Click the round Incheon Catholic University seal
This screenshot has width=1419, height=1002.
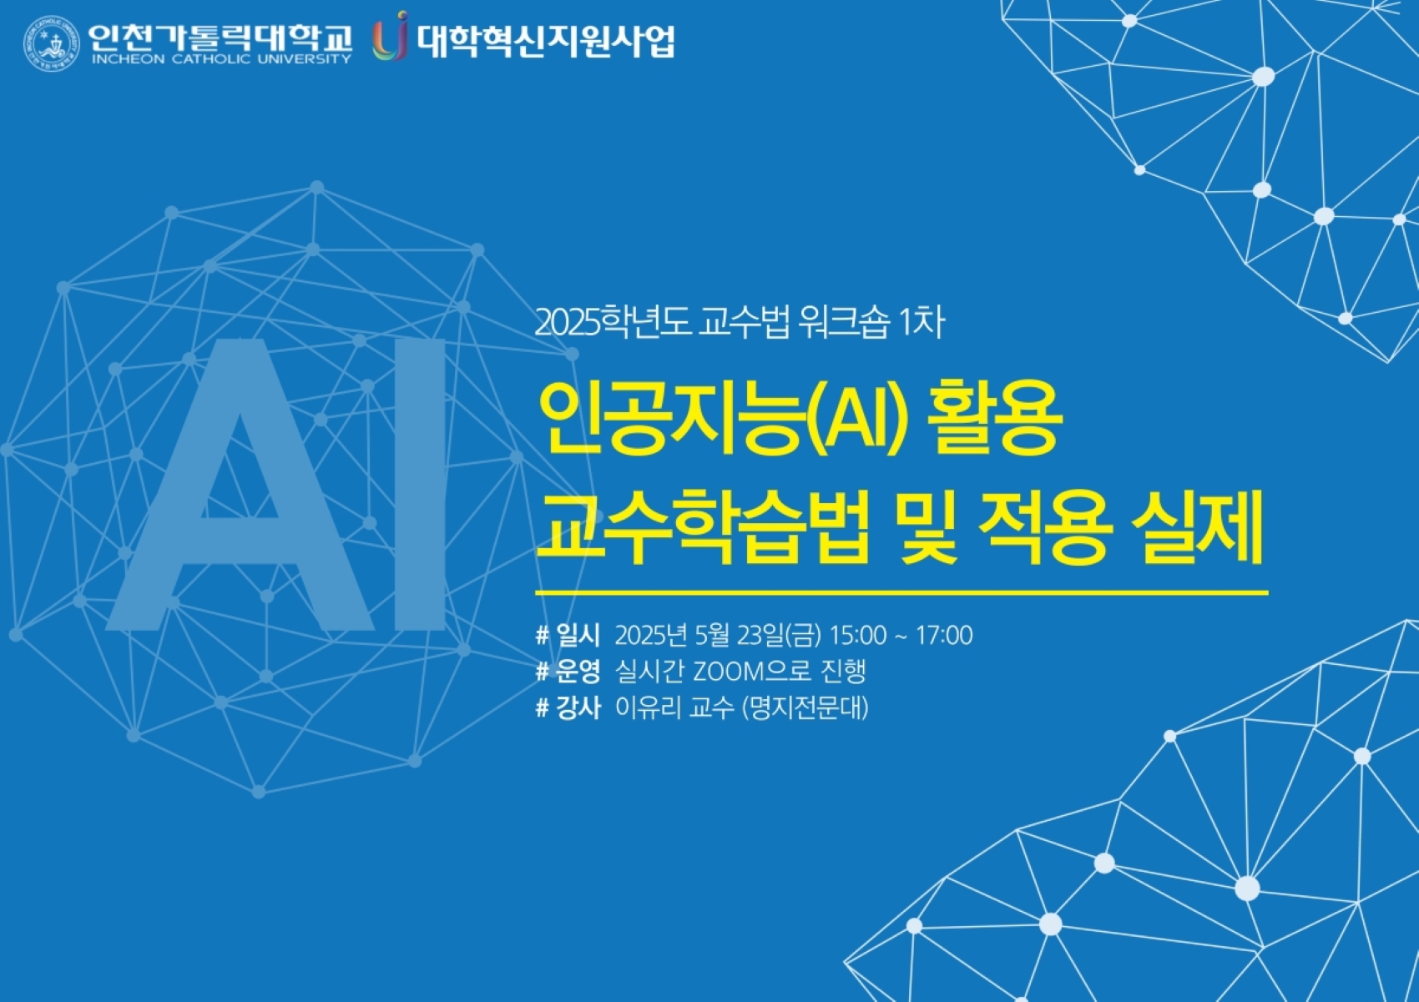(x=51, y=43)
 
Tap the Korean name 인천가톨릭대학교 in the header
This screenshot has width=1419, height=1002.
(x=220, y=38)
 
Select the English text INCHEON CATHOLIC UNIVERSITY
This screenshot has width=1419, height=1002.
(x=221, y=59)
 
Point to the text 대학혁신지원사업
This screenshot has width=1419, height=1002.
(x=546, y=41)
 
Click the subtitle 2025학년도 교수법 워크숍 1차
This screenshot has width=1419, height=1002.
(x=740, y=323)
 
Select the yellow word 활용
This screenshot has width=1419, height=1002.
(x=995, y=418)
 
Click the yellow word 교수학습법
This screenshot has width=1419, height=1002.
(x=703, y=527)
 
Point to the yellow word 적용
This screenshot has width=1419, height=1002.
(x=1045, y=527)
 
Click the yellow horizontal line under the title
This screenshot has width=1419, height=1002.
(x=901, y=593)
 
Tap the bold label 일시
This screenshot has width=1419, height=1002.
(x=578, y=635)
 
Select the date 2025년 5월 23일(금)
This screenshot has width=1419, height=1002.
(x=718, y=635)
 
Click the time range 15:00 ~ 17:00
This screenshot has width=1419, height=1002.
(x=901, y=635)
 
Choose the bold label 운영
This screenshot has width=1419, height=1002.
(x=578, y=672)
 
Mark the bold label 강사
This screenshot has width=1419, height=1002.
(x=578, y=707)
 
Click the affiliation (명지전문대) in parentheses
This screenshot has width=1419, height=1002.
(x=805, y=707)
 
